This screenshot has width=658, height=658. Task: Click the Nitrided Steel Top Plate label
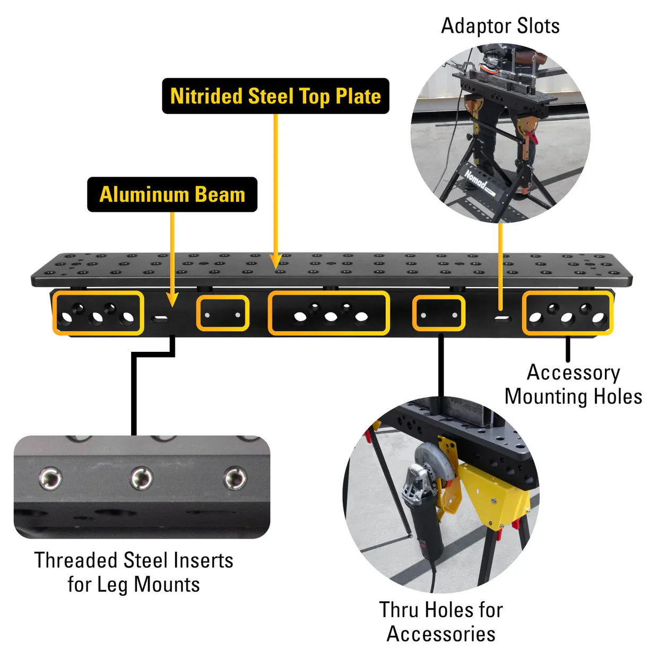(x=275, y=96)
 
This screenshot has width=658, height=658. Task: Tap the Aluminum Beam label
(x=172, y=194)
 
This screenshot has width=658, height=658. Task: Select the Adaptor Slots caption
(x=500, y=25)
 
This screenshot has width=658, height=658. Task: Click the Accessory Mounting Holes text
(x=573, y=385)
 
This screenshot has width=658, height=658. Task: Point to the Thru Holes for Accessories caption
(x=440, y=621)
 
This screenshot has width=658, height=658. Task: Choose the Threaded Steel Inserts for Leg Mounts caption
(x=134, y=572)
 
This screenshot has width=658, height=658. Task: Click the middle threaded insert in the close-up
(x=142, y=478)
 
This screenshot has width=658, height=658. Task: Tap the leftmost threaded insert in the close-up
(x=50, y=478)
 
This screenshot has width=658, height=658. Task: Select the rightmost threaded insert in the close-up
(x=235, y=478)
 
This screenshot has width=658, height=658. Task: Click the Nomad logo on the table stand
(x=476, y=181)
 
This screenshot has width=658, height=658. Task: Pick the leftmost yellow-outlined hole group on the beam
(x=98, y=313)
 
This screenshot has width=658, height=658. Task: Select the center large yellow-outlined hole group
(x=329, y=313)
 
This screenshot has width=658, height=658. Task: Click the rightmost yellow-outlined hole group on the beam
(x=567, y=314)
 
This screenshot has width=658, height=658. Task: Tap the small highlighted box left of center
(x=223, y=314)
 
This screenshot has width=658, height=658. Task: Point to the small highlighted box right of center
(x=439, y=314)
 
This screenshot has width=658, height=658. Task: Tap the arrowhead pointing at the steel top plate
(x=275, y=262)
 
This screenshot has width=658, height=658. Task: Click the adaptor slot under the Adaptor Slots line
(x=501, y=319)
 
